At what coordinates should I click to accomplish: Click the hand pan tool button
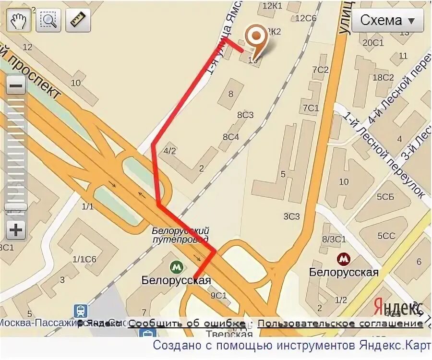pos(18,20)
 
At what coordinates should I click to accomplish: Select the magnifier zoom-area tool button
pos(48,20)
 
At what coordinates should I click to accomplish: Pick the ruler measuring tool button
pos(78,20)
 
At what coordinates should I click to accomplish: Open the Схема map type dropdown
pos(387,21)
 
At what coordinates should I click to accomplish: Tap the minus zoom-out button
pos(16,87)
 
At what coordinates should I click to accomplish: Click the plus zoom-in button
pos(16,230)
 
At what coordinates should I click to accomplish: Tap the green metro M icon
pos(176,266)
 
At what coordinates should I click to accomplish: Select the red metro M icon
pos(343,260)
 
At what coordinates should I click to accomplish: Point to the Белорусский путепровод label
pos(180,234)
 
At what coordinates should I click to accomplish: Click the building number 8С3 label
pos(245,115)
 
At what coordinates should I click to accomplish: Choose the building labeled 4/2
pos(170,151)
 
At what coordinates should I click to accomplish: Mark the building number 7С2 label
pos(320,70)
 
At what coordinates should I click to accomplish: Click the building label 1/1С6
pos(84,259)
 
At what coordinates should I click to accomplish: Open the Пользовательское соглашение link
pos(340,323)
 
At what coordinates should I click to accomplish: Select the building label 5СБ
pos(385,197)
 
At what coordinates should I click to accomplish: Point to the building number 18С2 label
pos(383,77)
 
